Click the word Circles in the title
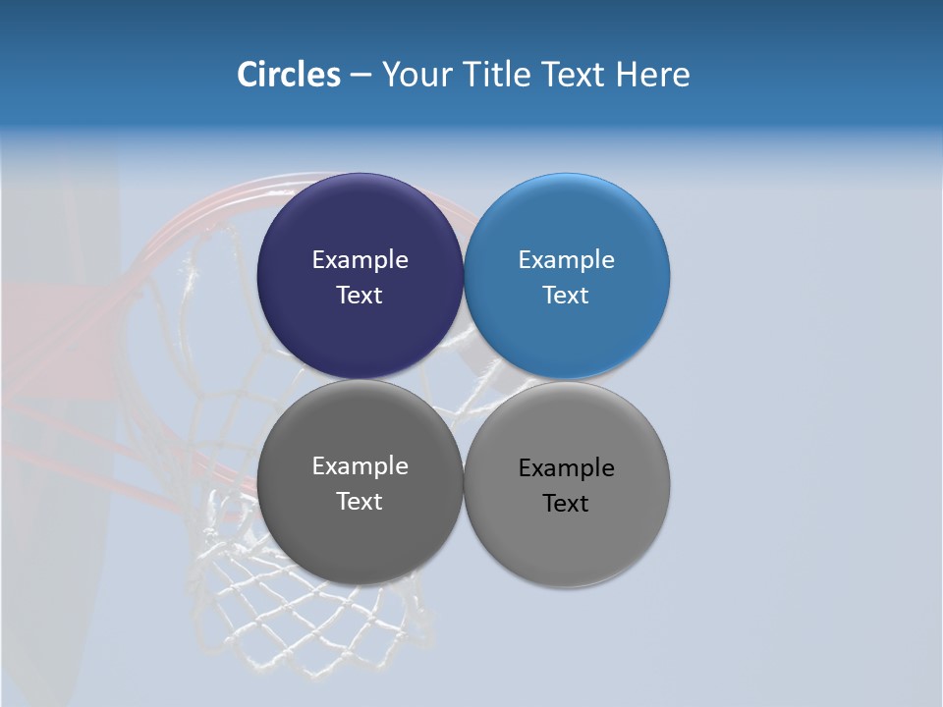[289, 75]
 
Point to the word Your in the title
[416, 75]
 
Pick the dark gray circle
[360, 540]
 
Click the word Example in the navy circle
[360, 260]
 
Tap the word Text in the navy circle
[360, 296]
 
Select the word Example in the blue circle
[567, 260]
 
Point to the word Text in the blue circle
[566, 296]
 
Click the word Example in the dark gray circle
[360, 466]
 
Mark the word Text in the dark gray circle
[360, 502]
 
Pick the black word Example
[567, 468]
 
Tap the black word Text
[566, 504]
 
